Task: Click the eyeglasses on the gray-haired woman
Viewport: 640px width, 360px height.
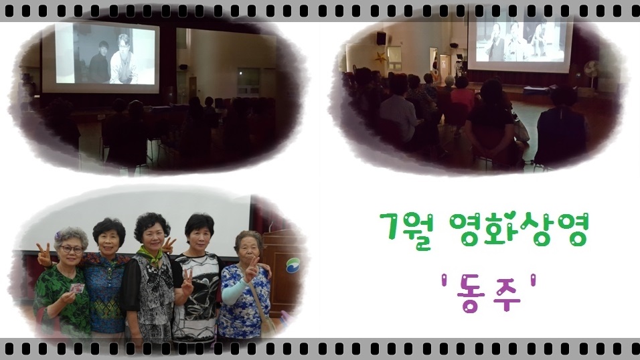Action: pyautogui.click(x=72, y=248)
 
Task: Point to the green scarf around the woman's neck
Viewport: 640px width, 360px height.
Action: pyautogui.click(x=151, y=255)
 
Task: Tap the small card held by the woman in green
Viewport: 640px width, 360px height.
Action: pyautogui.click(x=77, y=288)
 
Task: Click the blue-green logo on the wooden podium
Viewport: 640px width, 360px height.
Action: pyautogui.click(x=293, y=265)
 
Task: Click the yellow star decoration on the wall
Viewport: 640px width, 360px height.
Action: pyautogui.click(x=381, y=57)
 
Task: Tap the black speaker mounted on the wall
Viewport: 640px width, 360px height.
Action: pyautogui.click(x=381, y=38)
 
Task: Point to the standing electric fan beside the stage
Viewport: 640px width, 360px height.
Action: pyautogui.click(x=591, y=73)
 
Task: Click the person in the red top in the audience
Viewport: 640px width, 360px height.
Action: pyautogui.click(x=462, y=97)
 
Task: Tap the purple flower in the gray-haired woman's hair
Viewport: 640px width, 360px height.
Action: pyautogui.click(x=58, y=236)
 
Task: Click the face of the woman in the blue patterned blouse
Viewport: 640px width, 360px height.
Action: pyautogui.click(x=109, y=241)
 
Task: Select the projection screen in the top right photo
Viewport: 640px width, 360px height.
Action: pyautogui.click(x=519, y=43)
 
